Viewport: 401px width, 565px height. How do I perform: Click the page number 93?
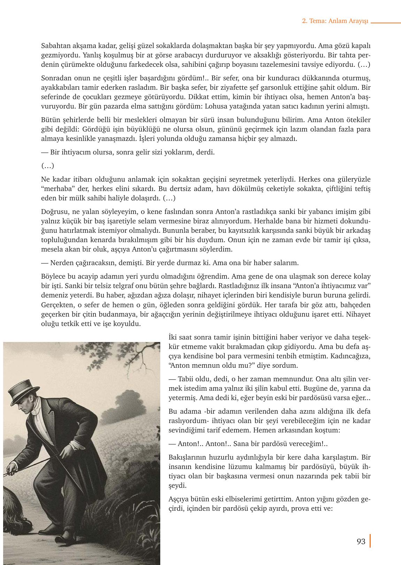coord(361,542)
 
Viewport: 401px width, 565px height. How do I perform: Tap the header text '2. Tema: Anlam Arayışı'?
coord(335,21)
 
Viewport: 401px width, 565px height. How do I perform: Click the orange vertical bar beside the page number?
coord(370,541)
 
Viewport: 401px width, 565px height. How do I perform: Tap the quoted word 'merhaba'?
coord(56,189)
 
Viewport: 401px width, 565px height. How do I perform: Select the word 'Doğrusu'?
coord(54,212)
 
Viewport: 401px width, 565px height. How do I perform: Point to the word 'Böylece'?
coord(53,277)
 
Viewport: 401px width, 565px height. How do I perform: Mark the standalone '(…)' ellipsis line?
coord(47,166)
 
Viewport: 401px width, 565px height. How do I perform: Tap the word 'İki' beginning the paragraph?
coord(173,337)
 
